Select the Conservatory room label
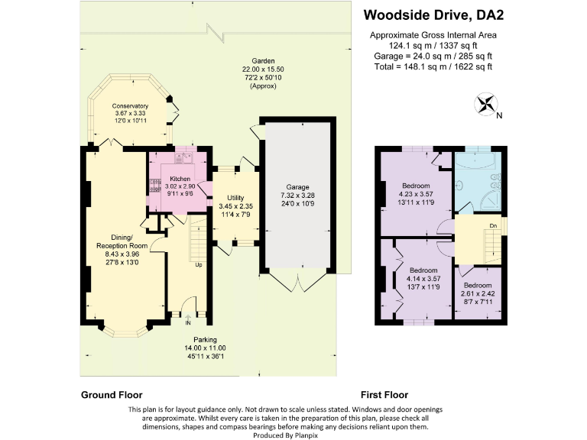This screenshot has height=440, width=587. point(129,105)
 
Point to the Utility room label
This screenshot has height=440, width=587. point(235,198)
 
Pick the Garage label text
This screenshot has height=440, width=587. point(297,186)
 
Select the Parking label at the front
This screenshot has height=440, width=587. point(205,339)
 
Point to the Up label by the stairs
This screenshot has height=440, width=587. point(199,265)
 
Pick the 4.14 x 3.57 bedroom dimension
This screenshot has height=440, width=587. point(423,280)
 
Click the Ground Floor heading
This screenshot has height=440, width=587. point(112,395)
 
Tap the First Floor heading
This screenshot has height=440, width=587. point(384,395)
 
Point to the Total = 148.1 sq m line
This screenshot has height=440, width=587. point(433,66)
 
